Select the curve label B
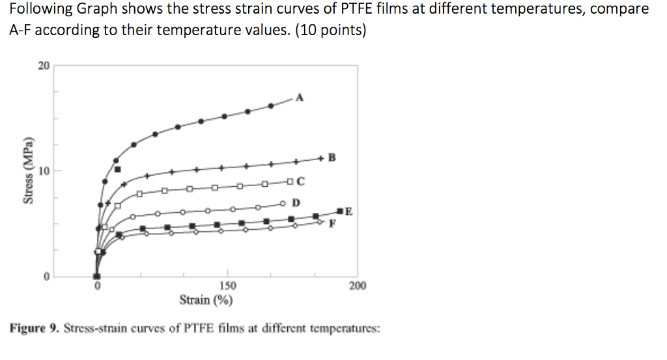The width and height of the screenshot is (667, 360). point(332,157)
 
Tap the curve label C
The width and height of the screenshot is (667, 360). point(301,180)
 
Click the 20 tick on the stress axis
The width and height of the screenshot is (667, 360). point(43,66)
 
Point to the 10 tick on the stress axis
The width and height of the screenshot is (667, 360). point(43,171)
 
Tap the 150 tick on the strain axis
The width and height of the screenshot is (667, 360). point(228,286)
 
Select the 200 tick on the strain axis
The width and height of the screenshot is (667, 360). point(358,286)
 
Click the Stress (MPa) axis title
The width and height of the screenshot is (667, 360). point(27,171)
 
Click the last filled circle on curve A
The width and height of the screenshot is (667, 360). point(271,105)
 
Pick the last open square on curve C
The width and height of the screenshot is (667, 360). point(290,181)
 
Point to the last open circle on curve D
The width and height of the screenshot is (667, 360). point(283,202)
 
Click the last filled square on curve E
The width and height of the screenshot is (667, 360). point(340,211)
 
